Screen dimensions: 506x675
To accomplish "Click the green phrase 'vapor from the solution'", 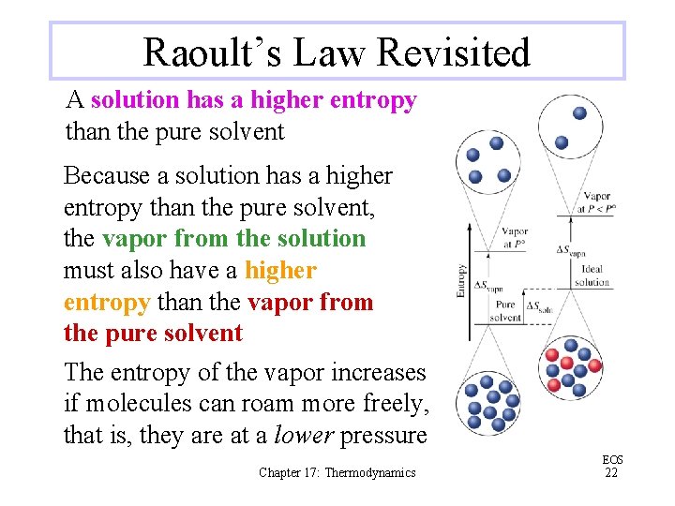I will pyautogui.click(x=233, y=238).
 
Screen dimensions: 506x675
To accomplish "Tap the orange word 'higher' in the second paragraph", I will pyautogui.click(x=280, y=271).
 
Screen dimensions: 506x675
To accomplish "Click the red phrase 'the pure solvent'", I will pyautogui.click(x=153, y=334).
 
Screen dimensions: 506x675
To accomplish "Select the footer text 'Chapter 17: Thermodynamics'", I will pyautogui.click(x=337, y=473).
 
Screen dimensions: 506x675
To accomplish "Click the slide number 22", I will pyautogui.click(x=611, y=473).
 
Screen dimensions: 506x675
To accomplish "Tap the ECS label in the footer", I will pyautogui.click(x=612, y=460).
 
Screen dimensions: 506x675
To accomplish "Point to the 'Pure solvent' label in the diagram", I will pyautogui.click(x=505, y=311).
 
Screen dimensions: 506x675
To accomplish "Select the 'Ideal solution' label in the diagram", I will pyautogui.click(x=592, y=275).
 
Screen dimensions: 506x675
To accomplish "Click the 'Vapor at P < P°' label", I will pyautogui.click(x=596, y=203).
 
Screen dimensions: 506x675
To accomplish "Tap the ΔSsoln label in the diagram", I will pyautogui.click(x=538, y=306).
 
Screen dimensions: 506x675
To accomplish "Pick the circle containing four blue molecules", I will pyautogui.click(x=487, y=161).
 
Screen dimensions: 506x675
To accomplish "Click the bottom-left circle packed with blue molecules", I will pyautogui.click(x=487, y=404).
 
